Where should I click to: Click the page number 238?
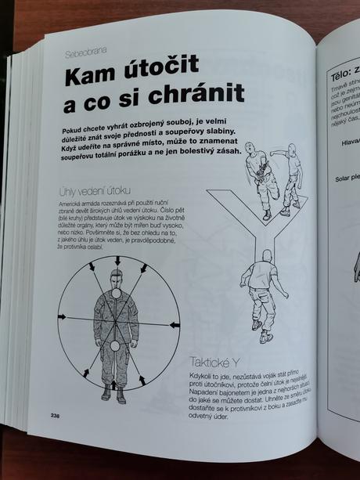[x=56, y=414]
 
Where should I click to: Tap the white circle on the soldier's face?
[x=116, y=293]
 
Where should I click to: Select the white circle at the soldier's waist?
[x=115, y=346]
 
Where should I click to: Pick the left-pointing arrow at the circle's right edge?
[x=174, y=324]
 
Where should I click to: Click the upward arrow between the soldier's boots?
[x=115, y=384]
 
